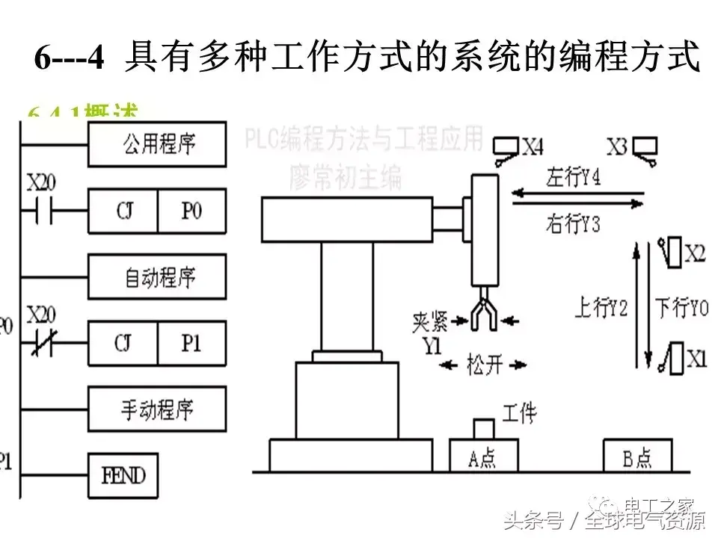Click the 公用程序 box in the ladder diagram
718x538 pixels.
coord(157,143)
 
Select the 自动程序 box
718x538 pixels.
coord(157,277)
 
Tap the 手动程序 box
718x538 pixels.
coord(157,409)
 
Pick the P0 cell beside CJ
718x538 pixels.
coord(191,211)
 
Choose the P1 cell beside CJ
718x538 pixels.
coord(191,343)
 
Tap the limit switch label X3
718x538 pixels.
coord(616,147)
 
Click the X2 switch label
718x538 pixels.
coord(695,254)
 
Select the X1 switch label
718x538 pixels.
coord(696,361)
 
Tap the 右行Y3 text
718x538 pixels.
coord(574,223)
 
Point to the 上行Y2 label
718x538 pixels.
coord(600,308)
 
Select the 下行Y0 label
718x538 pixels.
coord(682,308)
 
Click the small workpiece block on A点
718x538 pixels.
coord(484,428)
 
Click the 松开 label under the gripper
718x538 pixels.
coord(484,365)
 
